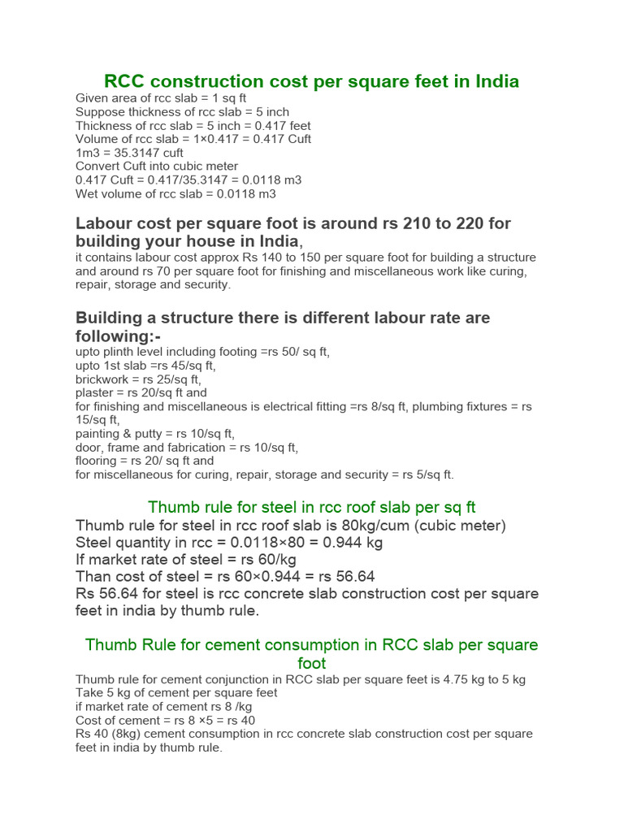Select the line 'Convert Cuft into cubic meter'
[x=156, y=167]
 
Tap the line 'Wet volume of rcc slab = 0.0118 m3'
[x=175, y=193]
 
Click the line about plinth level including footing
[x=202, y=352]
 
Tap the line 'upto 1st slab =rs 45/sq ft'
[x=145, y=366]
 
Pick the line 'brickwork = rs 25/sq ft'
[x=138, y=379]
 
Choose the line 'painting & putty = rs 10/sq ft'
[x=155, y=434]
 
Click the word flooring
[x=97, y=461]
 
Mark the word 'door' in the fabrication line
[x=89, y=447]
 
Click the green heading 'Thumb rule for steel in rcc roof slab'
[x=311, y=508]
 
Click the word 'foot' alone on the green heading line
[x=312, y=663]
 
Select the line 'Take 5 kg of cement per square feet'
[x=176, y=692]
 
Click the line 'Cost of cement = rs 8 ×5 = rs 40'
[x=165, y=720]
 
